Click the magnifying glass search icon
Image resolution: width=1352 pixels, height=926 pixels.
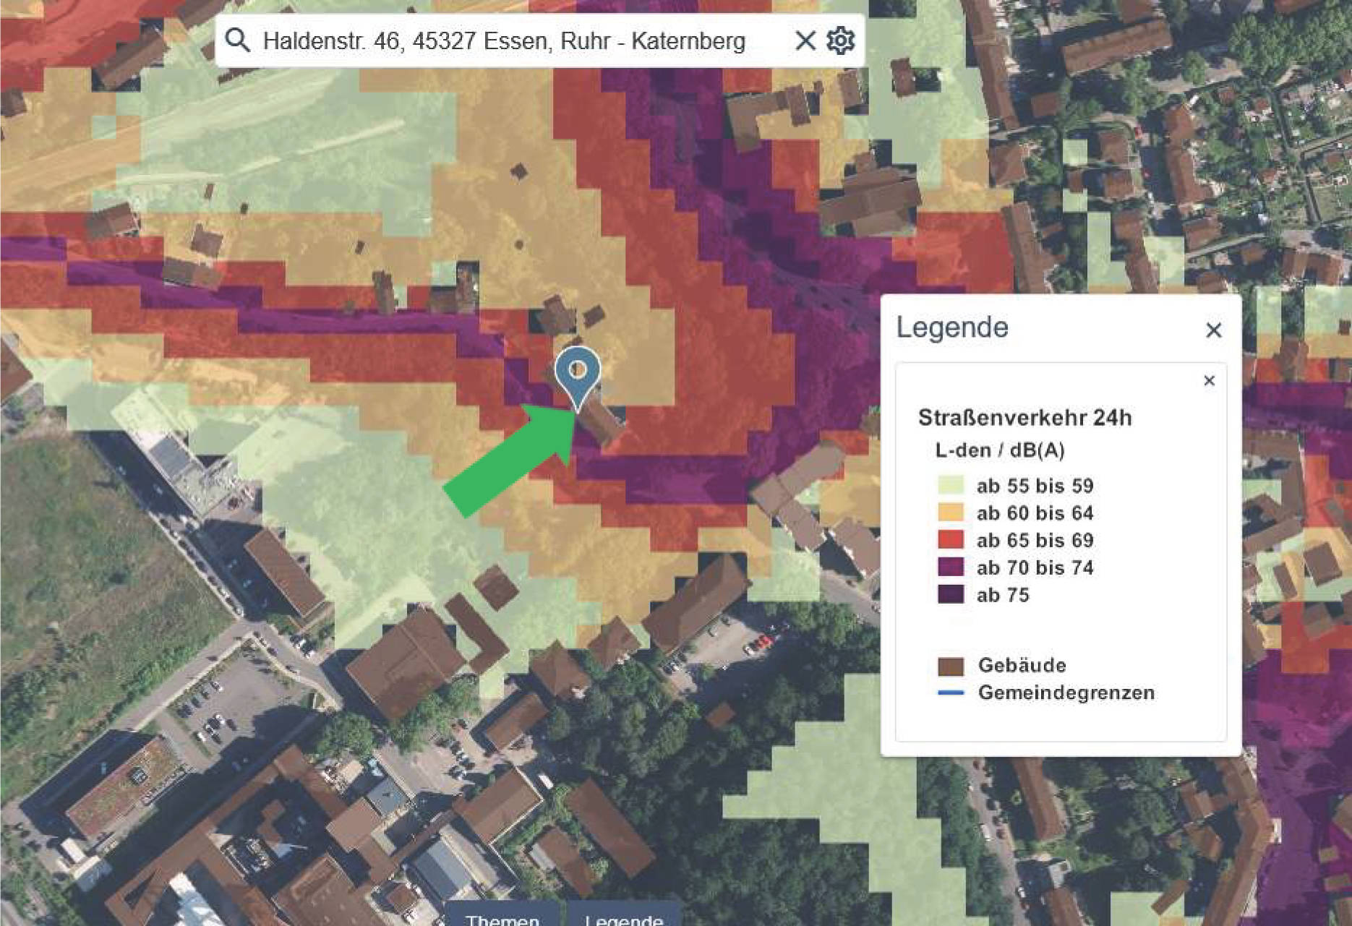(x=237, y=40)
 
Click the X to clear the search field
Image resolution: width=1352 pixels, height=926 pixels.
(x=805, y=40)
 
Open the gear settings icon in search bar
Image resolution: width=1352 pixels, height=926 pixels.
(x=840, y=40)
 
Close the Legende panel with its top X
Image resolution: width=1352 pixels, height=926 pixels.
(x=1214, y=330)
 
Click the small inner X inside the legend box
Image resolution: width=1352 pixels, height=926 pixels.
(x=1209, y=381)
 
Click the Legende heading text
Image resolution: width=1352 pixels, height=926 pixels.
(x=952, y=327)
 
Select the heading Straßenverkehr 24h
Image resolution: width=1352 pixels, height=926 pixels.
(x=1024, y=418)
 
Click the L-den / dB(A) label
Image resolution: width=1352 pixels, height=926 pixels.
(x=999, y=450)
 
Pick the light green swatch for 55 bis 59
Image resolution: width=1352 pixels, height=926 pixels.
(x=951, y=485)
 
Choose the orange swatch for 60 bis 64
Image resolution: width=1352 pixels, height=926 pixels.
(x=951, y=513)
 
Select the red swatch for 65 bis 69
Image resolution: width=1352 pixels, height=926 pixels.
(x=951, y=540)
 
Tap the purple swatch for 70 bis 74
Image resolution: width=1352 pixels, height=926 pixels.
(x=951, y=567)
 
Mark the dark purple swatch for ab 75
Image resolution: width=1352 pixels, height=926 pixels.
(x=951, y=595)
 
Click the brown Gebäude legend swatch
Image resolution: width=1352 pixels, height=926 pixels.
(x=951, y=666)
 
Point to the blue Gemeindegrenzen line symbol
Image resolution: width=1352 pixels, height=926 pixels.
(x=951, y=693)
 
